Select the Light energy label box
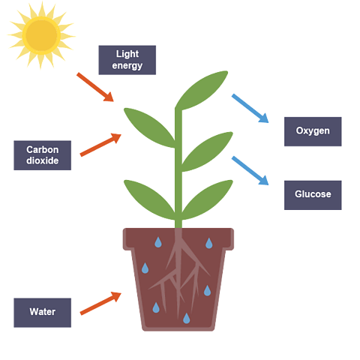point(127,60)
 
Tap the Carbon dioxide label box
point(43,155)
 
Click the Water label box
point(43,311)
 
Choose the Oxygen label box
point(313,131)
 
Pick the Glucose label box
point(313,194)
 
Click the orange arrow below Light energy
point(95,87)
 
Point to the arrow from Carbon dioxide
point(100,145)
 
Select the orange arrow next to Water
point(100,303)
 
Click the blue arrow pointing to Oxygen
point(250,108)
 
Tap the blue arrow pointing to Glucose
point(250,170)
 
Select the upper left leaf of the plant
point(148,124)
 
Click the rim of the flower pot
point(178,239)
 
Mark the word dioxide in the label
point(43,161)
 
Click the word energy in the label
point(127,66)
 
